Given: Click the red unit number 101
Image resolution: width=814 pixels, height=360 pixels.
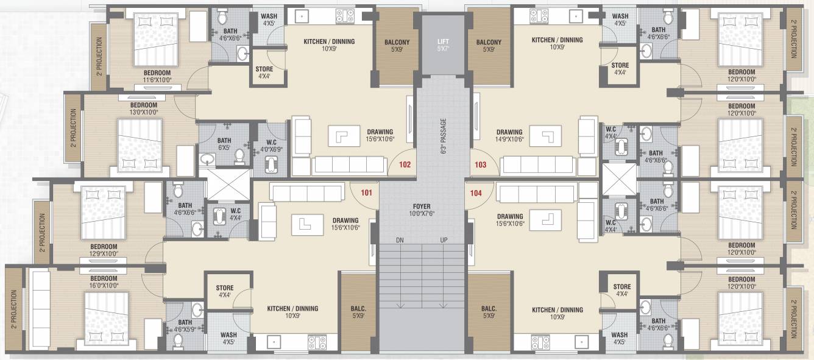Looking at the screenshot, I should pos(366,192).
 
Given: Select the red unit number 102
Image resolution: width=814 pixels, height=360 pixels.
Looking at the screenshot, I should pos(405,164).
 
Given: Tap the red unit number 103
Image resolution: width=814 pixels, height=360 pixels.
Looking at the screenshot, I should pos(480,164).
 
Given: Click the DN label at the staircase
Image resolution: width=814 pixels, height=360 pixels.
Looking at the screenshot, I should pos(400,241).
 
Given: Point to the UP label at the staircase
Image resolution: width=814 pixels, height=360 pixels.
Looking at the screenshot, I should pos(444,241).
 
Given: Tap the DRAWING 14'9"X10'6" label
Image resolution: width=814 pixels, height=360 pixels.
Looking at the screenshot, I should pos(509,135).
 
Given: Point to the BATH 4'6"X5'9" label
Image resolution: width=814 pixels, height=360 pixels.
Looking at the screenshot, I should pos(185,326).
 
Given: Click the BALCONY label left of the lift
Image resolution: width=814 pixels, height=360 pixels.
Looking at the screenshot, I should pos(397,46).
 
